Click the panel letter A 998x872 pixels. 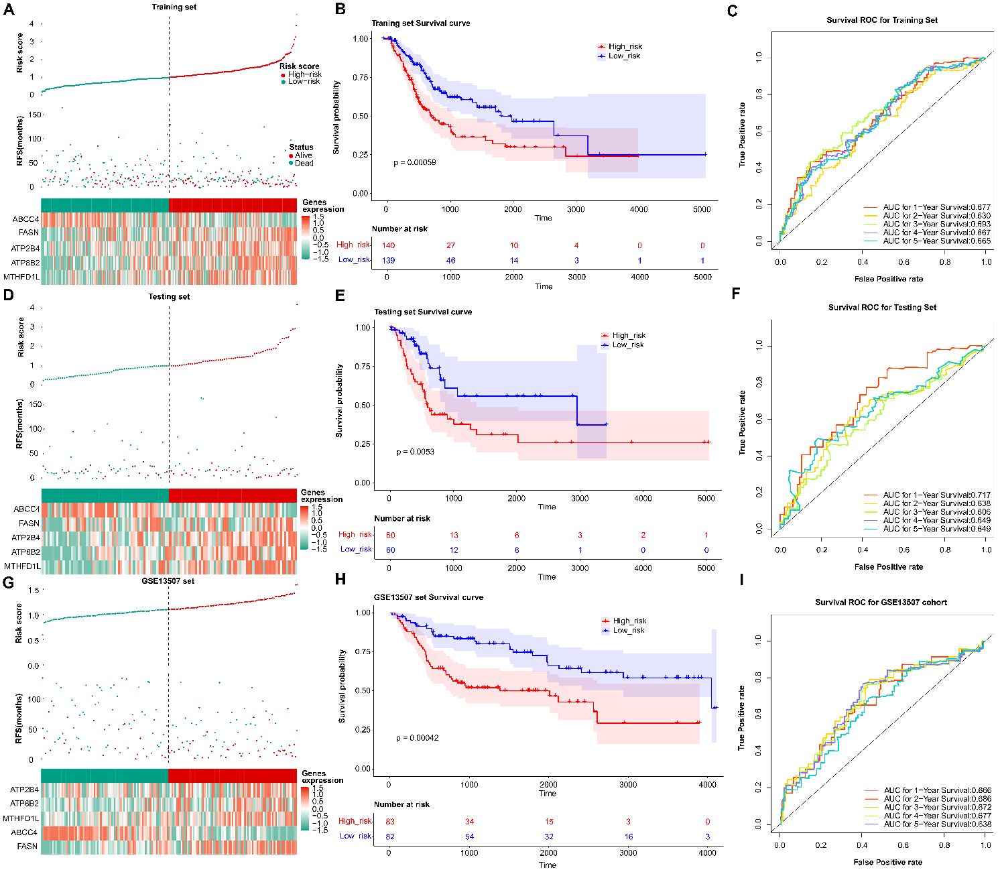click(9, 9)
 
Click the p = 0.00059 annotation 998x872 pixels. click(415, 162)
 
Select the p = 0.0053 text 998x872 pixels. click(415, 452)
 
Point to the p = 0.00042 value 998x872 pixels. click(417, 738)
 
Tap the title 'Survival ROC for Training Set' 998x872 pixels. click(882, 20)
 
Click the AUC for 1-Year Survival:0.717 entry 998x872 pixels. click(936, 495)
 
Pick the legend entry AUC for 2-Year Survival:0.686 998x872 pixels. click(937, 799)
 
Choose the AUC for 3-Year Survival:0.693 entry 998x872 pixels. click(936, 224)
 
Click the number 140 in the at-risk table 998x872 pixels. click(388, 245)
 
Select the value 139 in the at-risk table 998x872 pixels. click(388, 260)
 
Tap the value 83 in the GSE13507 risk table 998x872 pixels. click(389, 822)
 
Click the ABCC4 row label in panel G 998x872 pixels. click(24, 832)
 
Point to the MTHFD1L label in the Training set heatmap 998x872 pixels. click(21, 277)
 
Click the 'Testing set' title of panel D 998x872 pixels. click(169, 296)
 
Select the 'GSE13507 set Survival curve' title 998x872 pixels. click(428, 597)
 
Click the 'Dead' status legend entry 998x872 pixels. click(304, 163)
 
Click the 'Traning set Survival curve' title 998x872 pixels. click(421, 23)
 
